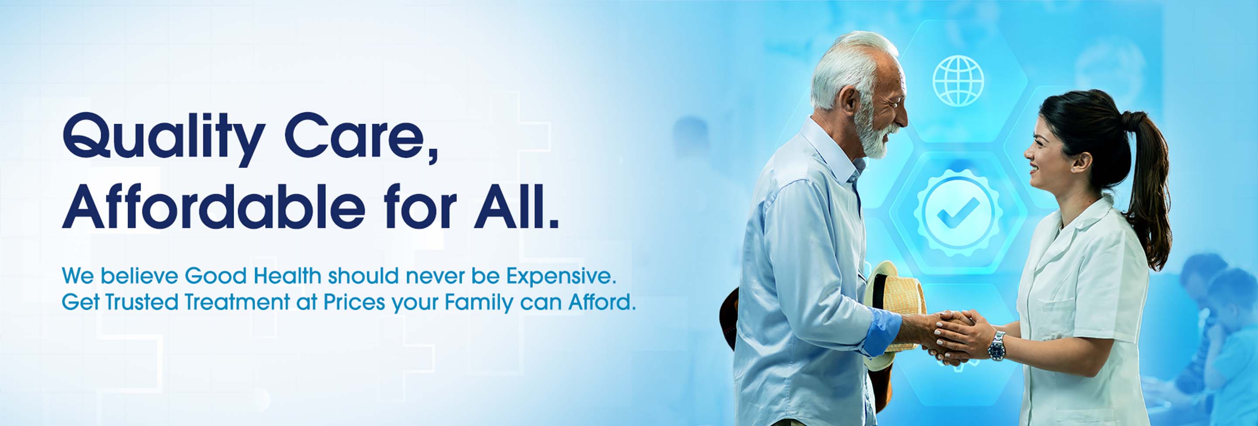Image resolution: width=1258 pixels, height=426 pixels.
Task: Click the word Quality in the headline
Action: (x=164, y=138)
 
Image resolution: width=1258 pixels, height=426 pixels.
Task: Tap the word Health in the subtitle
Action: (x=288, y=276)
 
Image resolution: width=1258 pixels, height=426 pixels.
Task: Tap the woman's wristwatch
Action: (x=997, y=346)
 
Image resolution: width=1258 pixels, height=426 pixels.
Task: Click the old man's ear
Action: (x=850, y=100)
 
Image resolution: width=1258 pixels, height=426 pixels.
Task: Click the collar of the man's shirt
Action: (x=830, y=146)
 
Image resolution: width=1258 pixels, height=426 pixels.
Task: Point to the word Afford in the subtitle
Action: (x=601, y=302)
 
